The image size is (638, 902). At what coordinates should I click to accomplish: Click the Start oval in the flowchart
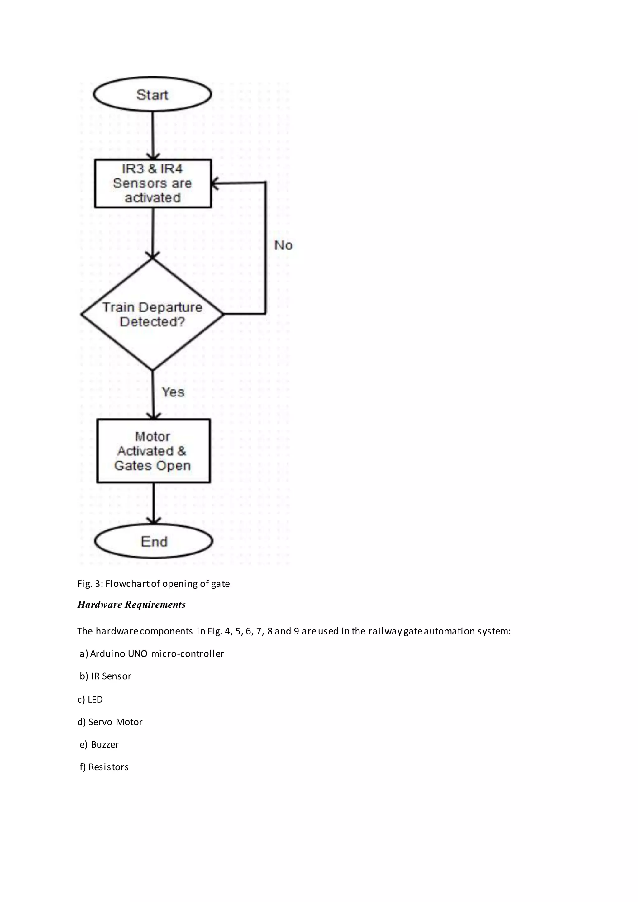click(x=152, y=94)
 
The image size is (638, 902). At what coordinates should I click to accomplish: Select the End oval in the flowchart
click(x=154, y=541)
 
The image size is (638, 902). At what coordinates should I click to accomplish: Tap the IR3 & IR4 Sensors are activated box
click(x=153, y=183)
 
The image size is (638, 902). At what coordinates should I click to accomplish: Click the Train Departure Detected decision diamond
click(x=152, y=314)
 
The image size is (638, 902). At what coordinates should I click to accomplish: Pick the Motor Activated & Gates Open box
click(x=153, y=451)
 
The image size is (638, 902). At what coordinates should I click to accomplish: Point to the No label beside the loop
click(x=283, y=245)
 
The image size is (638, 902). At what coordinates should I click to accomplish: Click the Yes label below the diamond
click(x=173, y=392)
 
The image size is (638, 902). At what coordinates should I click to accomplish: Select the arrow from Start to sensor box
click(x=153, y=135)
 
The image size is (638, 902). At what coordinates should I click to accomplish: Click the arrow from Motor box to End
click(x=153, y=504)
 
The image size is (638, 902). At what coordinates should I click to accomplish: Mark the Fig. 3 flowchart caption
click(x=153, y=583)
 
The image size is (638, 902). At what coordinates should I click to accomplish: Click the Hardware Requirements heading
click(x=131, y=605)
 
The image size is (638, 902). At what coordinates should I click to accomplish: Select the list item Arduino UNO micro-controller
click(x=152, y=653)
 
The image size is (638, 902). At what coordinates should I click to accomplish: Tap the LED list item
click(x=90, y=699)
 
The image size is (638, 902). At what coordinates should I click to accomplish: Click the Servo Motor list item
click(x=110, y=722)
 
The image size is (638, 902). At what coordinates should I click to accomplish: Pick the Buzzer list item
click(x=99, y=744)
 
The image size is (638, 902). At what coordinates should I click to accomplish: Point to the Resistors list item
click(x=104, y=767)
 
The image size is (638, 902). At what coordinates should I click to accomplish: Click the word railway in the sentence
click(x=385, y=631)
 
